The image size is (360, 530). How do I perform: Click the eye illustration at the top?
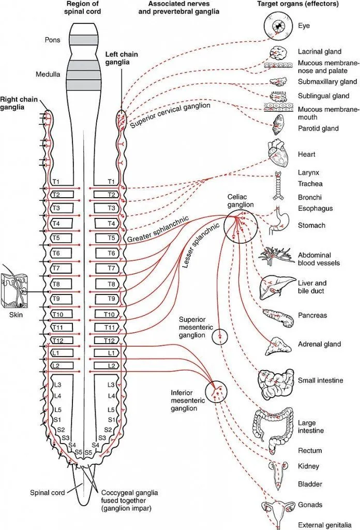point(279,25)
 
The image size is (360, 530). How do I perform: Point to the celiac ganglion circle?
point(241,227)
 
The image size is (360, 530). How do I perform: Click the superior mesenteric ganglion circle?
point(219,336)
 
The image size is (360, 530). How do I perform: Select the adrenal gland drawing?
point(278,345)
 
